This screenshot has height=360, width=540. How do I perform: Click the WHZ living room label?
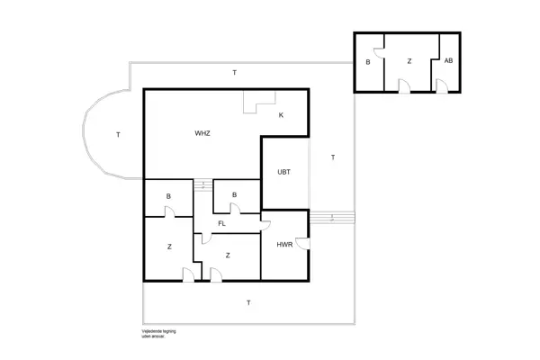tap(202, 133)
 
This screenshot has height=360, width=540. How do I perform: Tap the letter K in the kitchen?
tap(281, 115)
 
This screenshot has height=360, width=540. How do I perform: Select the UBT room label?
tap(283, 171)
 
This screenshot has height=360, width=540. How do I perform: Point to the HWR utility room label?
tap(284, 244)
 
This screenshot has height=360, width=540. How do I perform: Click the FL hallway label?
tap(221, 222)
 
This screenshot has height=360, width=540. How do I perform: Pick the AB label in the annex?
tap(448, 61)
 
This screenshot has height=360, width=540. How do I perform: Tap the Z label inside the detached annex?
tap(409, 61)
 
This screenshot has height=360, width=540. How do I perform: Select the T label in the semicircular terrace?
tap(118, 135)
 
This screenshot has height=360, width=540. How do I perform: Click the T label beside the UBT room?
tap(332, 157)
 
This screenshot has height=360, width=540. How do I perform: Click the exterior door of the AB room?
tap(441, 86)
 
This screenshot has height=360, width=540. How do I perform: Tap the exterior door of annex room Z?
tap(404, 86)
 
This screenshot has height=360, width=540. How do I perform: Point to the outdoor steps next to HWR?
tap(332, 217)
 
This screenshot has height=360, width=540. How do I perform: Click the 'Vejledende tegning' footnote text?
tap(158, 331)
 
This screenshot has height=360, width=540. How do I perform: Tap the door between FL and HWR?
tap(265, 220)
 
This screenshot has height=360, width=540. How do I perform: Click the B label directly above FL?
tap(234, 193)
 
